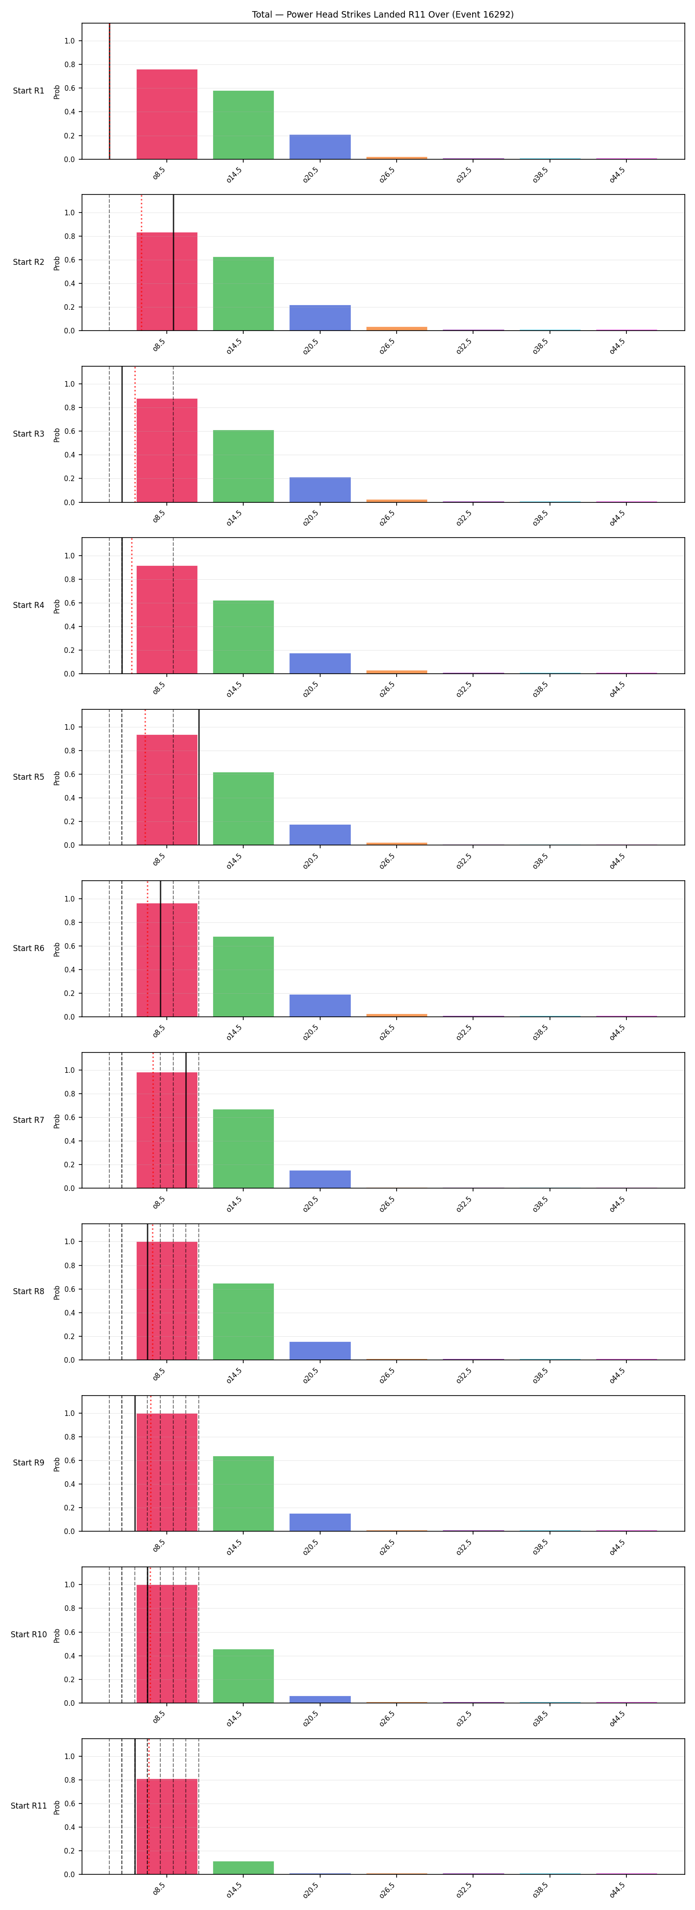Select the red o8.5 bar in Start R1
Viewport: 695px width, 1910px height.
[x=167, y=114]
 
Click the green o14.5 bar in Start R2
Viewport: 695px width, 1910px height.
[x=243, y=294]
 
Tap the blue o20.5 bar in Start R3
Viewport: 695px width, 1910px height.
[x=320, y=490]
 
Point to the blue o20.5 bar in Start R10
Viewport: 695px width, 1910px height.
[x=320, y=1699]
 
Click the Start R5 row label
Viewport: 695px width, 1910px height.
[x=28, y=777]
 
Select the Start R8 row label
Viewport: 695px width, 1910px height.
[x=28, y=1291]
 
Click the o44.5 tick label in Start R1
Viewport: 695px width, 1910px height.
[x=617, y=175]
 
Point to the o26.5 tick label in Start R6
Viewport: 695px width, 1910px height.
[x=387, y=1032]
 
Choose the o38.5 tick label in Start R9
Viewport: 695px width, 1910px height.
[x=541, y=1547]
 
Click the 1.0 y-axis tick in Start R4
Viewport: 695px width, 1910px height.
[x=69, y=555]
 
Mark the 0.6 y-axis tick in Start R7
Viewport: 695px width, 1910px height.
[x=69, y=1117]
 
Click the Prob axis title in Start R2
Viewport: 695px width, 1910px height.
[x=57, y=263]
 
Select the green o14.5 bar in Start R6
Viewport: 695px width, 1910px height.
[x=243, y=977]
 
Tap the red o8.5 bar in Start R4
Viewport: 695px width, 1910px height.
[x=167, y=620]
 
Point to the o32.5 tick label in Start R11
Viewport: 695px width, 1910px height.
[x=464, y=1890]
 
